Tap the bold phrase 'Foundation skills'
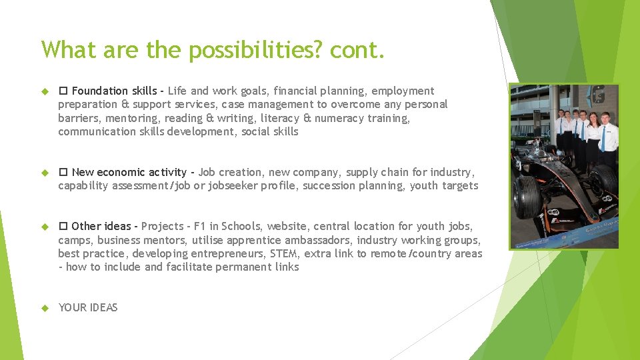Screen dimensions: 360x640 pos(114,91)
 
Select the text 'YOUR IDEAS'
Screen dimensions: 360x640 pos(88,307)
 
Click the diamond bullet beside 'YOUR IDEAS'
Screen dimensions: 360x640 pos(45,308)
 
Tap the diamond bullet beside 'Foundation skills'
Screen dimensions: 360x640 pos(45,91)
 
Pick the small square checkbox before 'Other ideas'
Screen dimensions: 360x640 pos(63,226)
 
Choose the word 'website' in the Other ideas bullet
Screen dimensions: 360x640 pos(288,226)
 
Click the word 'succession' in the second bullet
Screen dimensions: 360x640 pos(327,185)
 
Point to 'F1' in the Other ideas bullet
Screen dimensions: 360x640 pos(200,226)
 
